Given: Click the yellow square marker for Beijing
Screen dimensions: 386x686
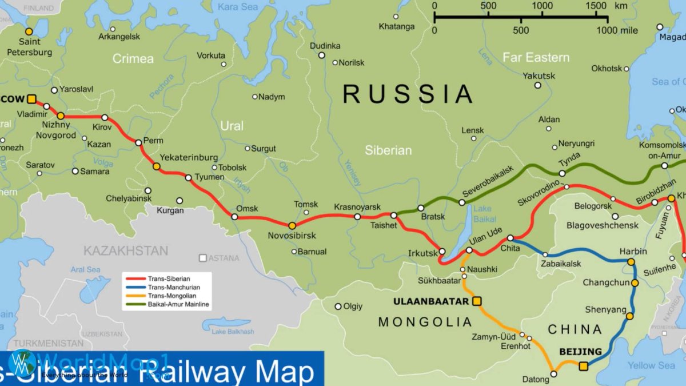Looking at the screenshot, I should point(583,366).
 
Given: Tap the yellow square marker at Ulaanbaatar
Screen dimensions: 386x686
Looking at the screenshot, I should point(477,301).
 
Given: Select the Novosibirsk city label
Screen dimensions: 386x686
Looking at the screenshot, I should point(292,236).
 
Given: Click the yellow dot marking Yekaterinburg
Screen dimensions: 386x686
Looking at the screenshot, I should point(156,166).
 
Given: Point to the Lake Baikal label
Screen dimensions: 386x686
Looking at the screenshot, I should point(482,214).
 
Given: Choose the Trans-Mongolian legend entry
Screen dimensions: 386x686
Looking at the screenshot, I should point(171,296).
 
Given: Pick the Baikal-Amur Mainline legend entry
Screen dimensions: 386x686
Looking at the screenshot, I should point(178,305).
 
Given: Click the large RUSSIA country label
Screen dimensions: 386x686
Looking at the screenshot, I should point(408,94).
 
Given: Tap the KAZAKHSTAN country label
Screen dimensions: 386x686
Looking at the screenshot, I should point(126,250).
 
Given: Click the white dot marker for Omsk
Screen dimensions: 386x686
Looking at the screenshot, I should point(234,217).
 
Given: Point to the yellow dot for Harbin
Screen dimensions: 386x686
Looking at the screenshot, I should point(631,261).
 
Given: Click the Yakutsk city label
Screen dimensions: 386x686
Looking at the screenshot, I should point(539,75).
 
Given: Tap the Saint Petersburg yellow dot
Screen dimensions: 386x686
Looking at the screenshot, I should point(29,31).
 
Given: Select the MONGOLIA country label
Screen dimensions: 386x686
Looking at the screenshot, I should point(425,322).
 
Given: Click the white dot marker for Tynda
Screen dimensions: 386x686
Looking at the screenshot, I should point(562,173).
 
